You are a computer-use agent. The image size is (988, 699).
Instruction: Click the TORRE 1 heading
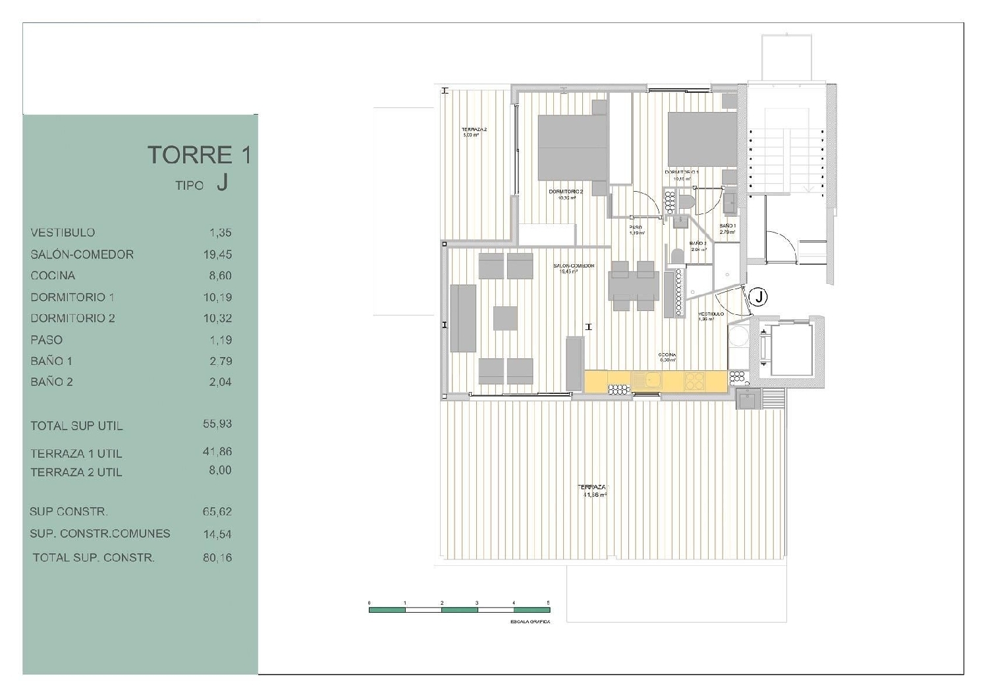pyautogui.click(x=199, y=155)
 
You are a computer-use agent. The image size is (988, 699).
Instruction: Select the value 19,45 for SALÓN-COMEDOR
pyautogui.click(x=217, y=254)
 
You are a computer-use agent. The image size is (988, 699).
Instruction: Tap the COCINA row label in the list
pyautogui.click(x=53, y=275)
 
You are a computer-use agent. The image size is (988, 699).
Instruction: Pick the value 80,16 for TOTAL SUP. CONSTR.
pyautogui.click(x=217, y=557)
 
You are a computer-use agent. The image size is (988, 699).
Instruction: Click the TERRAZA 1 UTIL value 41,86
pyautogui.click(x=217, y=452)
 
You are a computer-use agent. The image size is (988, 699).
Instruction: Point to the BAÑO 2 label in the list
pyautogui.click(x=51, y=382)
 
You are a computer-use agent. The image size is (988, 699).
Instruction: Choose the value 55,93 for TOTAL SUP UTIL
pyautogui.click(x=217, y=424)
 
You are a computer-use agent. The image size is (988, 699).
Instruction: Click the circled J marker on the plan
pyautogui.click(x=759, y=297)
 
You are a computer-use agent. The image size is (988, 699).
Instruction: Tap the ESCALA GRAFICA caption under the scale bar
pyautogui.click(x=530, y=622)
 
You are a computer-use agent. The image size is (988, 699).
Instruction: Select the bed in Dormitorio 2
pyautogui.click(x=572, y=148)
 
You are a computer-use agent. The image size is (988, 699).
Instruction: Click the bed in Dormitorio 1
pyautogui.click(x=702, y=139)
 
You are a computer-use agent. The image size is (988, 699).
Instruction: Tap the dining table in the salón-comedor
pyautogui.click(x=633, y=286)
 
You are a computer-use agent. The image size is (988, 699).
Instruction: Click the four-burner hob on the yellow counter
pyautogui.click(x=694, y=381)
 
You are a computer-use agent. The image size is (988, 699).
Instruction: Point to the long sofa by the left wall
pyautogui.click(x=463, y=318)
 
